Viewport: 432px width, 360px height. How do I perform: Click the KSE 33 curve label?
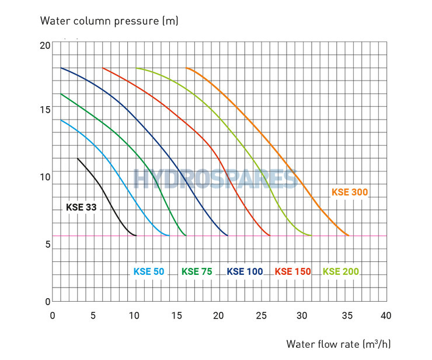click(82, 207)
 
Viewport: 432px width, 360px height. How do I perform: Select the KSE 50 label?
click(149, 271)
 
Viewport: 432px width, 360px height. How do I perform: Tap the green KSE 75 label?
click(197, 271)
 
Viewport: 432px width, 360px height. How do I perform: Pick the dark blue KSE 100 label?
click(245, 271)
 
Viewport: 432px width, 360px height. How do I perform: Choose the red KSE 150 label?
click(292, 271)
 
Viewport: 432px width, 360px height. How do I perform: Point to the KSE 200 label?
click(341, 271)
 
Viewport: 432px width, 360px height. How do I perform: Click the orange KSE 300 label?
click(350, 192)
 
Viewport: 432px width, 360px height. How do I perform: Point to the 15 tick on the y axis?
click(46, 109)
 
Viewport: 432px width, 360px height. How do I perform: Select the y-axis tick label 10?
click(46, 177)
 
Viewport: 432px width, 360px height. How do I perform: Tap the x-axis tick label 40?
click(385, 316)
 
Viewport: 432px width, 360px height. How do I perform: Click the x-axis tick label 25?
click(260, 316)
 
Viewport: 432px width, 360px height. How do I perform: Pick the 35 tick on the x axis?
click(344, 316)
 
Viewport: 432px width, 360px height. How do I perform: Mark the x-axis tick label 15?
click(177, 316)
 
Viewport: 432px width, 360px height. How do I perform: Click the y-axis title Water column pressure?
click(109, 21)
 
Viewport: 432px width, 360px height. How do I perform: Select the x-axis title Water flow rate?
click(339, 343)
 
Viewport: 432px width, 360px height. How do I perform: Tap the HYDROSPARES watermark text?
click(216, 179)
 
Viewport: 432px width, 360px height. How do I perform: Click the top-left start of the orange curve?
click(186, 68)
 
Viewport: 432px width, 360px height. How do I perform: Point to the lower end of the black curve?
click(135, 235)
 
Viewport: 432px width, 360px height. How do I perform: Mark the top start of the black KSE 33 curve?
click(78, 158)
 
